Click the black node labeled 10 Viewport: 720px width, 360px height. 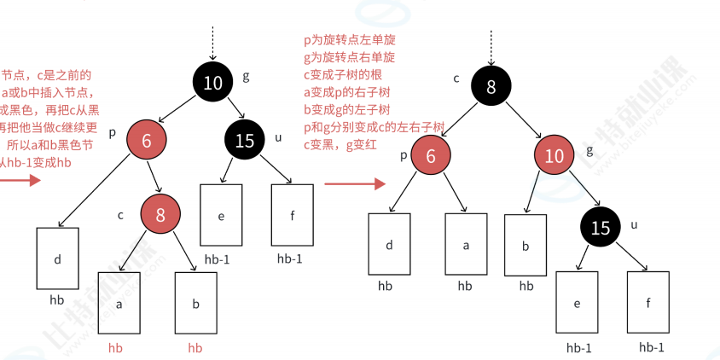[213, 83]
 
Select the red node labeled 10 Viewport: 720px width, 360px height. [555, 156]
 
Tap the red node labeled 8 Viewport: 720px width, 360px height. [161, 214]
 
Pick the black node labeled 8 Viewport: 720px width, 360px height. [491, 85]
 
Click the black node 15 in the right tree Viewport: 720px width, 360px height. [601, 228]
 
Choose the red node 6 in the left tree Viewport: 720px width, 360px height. [147, 142]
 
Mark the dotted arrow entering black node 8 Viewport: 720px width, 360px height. [491, 47]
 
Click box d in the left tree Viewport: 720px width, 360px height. [58, 258]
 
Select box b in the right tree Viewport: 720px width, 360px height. [525, 244]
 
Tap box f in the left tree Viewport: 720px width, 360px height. [292, 215]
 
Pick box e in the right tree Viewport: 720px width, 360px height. [577, 302]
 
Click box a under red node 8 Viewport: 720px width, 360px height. [119, 302]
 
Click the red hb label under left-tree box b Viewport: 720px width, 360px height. [195, 348]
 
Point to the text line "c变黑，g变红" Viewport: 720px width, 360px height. [344, 144]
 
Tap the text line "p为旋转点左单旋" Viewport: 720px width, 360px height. [350, 40]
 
